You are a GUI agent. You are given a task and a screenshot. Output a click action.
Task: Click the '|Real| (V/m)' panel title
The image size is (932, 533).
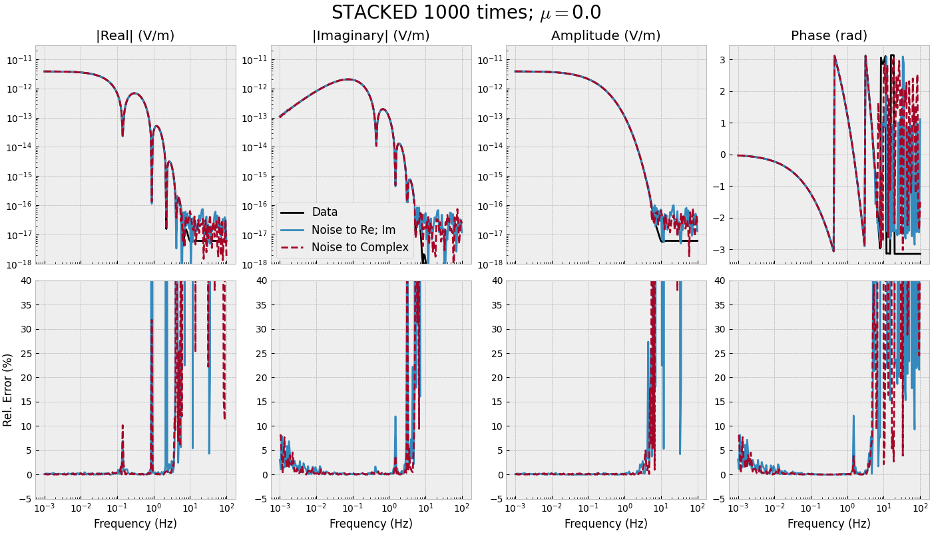(135, 36)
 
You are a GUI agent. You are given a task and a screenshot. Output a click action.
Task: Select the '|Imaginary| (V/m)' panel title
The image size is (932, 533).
(371, 36)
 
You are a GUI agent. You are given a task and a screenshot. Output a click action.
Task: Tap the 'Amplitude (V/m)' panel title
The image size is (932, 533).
(606, 36)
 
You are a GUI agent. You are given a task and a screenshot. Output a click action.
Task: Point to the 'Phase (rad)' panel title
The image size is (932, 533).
(829, 36)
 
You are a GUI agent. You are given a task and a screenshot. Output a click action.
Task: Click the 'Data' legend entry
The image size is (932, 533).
(325, 213)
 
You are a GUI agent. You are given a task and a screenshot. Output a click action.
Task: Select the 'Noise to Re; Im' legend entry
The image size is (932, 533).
(353, 230)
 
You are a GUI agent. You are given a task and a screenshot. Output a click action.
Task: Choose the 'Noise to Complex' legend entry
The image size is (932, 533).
(360, 247)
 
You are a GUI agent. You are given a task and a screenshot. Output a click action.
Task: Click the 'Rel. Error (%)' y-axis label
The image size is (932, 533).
(8, 390)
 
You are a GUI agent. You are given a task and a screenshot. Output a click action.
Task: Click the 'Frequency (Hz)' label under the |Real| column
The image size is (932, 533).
(135, 524)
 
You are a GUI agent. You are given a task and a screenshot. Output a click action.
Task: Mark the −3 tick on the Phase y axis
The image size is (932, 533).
(718, 250)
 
